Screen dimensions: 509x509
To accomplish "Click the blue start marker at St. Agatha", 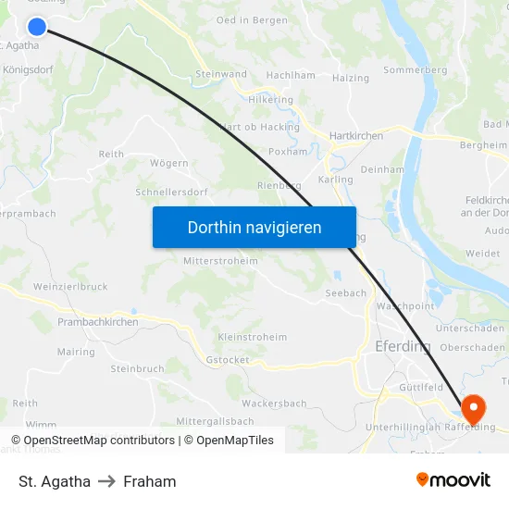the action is tap(37, 27).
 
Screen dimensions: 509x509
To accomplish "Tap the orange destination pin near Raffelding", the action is tap(472, 406).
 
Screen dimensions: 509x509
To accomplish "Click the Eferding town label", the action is tap(403, 346).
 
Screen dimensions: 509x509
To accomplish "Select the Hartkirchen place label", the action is tap(356, 135).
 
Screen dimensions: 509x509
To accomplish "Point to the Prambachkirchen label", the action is tap(97, 322).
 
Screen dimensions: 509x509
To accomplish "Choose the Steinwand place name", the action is tap(221, 74).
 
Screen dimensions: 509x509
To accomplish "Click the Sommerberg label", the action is tap(415, 69).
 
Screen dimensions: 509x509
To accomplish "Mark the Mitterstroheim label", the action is tap(220, 261).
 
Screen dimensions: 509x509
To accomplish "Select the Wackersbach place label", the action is tap(274, 403).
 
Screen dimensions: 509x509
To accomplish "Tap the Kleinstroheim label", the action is tap(252, 337).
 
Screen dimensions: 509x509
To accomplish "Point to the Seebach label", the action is tap(345, 293).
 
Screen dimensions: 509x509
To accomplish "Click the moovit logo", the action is tap(453, 480).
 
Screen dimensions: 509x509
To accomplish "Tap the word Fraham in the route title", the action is tap(149, 481).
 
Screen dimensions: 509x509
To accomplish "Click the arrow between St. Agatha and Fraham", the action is tap(106, 481).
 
